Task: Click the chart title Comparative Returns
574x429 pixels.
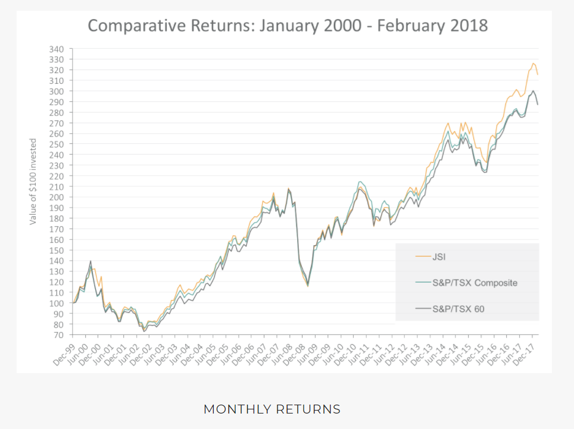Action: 288,26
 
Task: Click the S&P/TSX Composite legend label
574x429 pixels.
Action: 475,283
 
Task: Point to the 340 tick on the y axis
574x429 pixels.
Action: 57,49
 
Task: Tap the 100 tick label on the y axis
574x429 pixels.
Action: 57,303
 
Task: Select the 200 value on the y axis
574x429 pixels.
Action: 57,197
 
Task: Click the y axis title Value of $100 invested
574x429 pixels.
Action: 33,181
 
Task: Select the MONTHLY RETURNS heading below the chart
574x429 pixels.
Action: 272,409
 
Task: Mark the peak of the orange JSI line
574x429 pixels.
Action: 533,63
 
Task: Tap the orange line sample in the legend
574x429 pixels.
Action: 422,256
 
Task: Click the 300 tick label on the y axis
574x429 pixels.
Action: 57,91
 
